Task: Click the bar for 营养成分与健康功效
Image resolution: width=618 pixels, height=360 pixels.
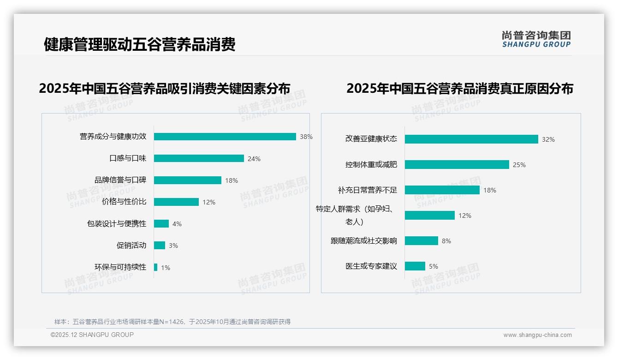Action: [x=225, y=137]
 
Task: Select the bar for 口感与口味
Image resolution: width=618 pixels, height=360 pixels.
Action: [x=199, y=158]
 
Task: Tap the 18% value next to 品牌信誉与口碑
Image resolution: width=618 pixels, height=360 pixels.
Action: [x=232, y=180]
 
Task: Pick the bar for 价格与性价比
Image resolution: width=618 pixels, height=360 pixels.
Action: [x=176, y=202]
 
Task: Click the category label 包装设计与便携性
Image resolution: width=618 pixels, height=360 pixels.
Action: [x=117, y=224]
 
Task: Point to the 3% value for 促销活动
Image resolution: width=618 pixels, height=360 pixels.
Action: [x=173, y=246]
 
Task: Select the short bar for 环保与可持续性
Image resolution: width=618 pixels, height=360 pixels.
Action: [x=156, y=267]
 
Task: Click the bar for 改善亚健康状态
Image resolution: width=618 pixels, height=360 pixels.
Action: [x=471, y=139]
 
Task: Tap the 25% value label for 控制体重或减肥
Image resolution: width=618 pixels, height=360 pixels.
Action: [x=519, y=165]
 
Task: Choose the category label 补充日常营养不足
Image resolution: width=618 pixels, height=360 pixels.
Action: [x=368, y=190]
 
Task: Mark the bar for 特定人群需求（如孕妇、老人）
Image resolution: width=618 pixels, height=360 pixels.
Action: [x=430, y=216]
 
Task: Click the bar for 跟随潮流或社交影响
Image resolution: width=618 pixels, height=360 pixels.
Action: [x=422, y=241]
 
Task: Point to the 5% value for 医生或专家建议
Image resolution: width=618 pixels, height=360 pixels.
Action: [x=434, y=266]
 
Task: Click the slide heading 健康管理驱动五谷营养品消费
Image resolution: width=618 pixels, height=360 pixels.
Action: [x=140, y=44]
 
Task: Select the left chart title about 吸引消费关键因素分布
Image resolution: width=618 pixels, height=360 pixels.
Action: [x=165, y=89]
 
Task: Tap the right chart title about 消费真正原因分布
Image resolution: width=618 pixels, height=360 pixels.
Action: [x=460, y=89]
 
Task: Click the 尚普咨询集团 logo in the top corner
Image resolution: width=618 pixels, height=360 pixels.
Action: [x=536, y=39]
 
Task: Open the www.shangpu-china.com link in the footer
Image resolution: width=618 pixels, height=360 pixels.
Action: [x=537, y=335]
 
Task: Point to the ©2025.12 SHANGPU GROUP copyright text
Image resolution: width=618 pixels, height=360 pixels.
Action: [x=92, y=335]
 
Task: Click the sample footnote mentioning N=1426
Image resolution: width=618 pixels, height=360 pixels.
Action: [x=172, y=322]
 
